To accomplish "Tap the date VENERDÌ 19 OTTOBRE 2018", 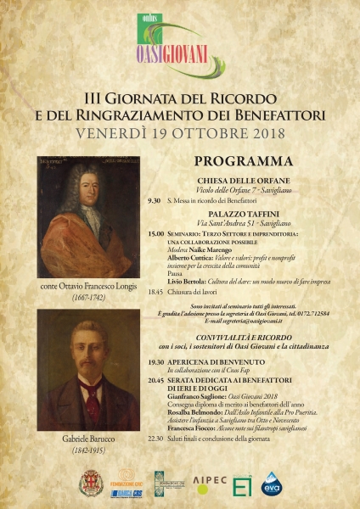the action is click(179, 134).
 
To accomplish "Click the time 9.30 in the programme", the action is click(154, 201).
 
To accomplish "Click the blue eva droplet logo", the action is click(271, 484).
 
